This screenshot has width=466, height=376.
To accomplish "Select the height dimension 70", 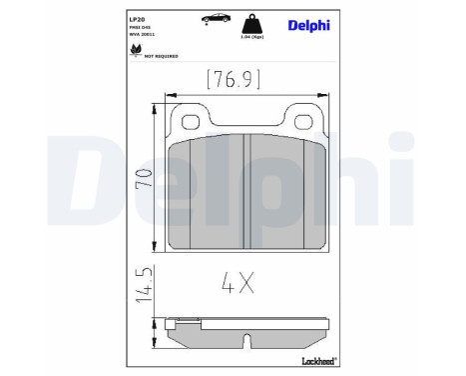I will pos(146,177).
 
